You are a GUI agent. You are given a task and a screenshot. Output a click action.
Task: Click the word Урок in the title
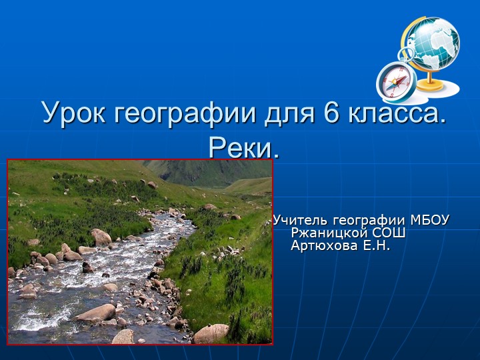75,113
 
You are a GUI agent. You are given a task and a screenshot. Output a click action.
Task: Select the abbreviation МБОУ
430,221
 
